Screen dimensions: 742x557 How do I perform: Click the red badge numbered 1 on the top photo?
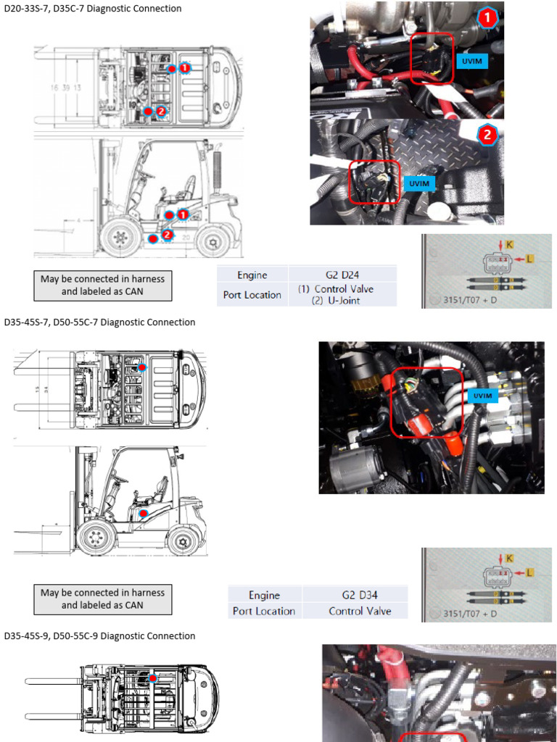(488, 17)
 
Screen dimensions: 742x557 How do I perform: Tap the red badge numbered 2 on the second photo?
(487, 134)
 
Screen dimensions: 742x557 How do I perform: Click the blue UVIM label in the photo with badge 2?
(419, 183)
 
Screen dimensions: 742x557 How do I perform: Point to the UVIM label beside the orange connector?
(482, 396)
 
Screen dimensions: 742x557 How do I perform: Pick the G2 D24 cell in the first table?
(342, 275)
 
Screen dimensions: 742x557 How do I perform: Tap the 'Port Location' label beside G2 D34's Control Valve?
(264, 611)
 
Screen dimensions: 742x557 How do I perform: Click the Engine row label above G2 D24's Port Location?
(252, 275)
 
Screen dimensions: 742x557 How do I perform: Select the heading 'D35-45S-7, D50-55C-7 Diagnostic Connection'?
(100, 322)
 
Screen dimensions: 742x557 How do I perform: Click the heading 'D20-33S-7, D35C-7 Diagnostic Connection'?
(93, 9)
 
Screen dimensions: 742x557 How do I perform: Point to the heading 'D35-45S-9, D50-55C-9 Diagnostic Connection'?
(100, 635)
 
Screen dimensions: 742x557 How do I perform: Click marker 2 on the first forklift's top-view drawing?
(160, 111)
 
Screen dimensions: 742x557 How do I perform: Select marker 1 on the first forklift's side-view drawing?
(183, 214)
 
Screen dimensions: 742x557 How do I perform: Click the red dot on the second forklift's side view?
(143, 513)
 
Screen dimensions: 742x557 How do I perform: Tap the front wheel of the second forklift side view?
(96, 538)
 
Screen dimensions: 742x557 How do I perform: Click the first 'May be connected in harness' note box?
(102, 285)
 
